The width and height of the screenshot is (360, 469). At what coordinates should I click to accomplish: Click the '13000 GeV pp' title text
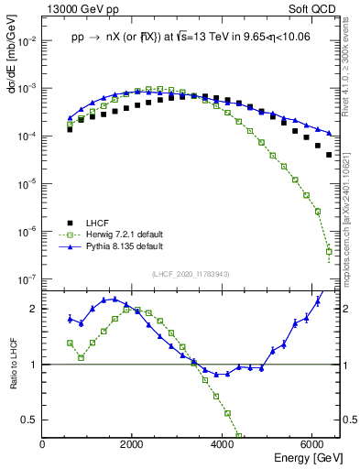[80, 9]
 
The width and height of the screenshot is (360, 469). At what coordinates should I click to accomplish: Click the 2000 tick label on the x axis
[132, 444]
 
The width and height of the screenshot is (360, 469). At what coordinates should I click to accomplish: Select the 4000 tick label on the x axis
[223, 444]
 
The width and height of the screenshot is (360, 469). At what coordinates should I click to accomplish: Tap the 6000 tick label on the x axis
[311, 444]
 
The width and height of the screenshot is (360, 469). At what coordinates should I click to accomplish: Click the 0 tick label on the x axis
[43, 444]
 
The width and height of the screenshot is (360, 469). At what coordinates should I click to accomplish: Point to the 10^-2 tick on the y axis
[27, 41]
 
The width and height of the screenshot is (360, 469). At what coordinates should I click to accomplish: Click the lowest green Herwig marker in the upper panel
[329, 251]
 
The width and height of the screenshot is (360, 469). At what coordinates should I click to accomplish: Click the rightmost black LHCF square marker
[329, 155]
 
